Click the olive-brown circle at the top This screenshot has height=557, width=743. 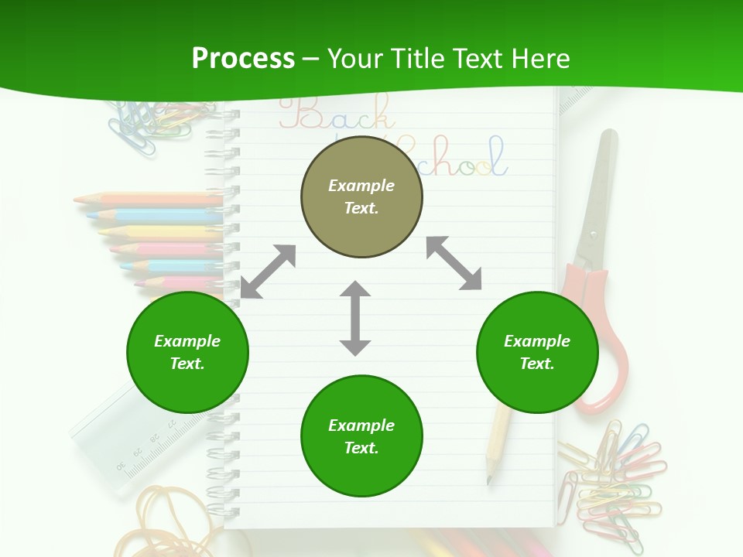[361, 196]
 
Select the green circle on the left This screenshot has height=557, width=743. [187, 352]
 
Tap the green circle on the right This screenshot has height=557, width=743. [537, 352]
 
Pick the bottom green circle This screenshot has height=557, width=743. [361, 436]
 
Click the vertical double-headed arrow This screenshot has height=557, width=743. [355, 319]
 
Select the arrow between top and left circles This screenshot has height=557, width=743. [268, 272]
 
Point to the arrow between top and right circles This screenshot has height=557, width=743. [454, 263]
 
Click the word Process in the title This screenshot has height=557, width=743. [243, 58]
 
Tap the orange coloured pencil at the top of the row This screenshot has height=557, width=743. [147, 200]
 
